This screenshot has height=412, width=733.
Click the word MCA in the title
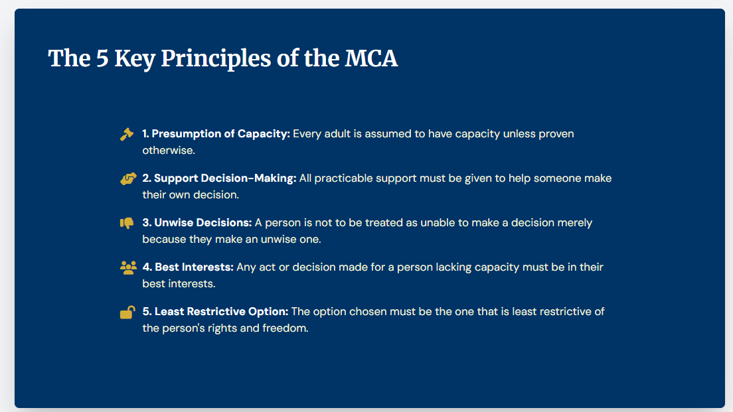point(371,58)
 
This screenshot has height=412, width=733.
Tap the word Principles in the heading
point(213,58)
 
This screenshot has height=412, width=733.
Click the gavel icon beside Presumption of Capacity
point(127,134)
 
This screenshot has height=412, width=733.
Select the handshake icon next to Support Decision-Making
point(128,178)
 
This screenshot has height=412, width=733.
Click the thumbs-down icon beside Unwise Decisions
point(127,223)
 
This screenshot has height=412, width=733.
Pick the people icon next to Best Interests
point(128,267)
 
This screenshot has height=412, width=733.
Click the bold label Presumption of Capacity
point(216,134)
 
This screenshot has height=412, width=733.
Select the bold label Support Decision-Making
point(219,178)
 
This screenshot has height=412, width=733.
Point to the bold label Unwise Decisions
point(197,223)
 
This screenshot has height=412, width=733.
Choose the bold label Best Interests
point(188,267)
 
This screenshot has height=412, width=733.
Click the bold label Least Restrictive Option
point(215,312)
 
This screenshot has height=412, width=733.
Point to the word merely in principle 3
point(575,223)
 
